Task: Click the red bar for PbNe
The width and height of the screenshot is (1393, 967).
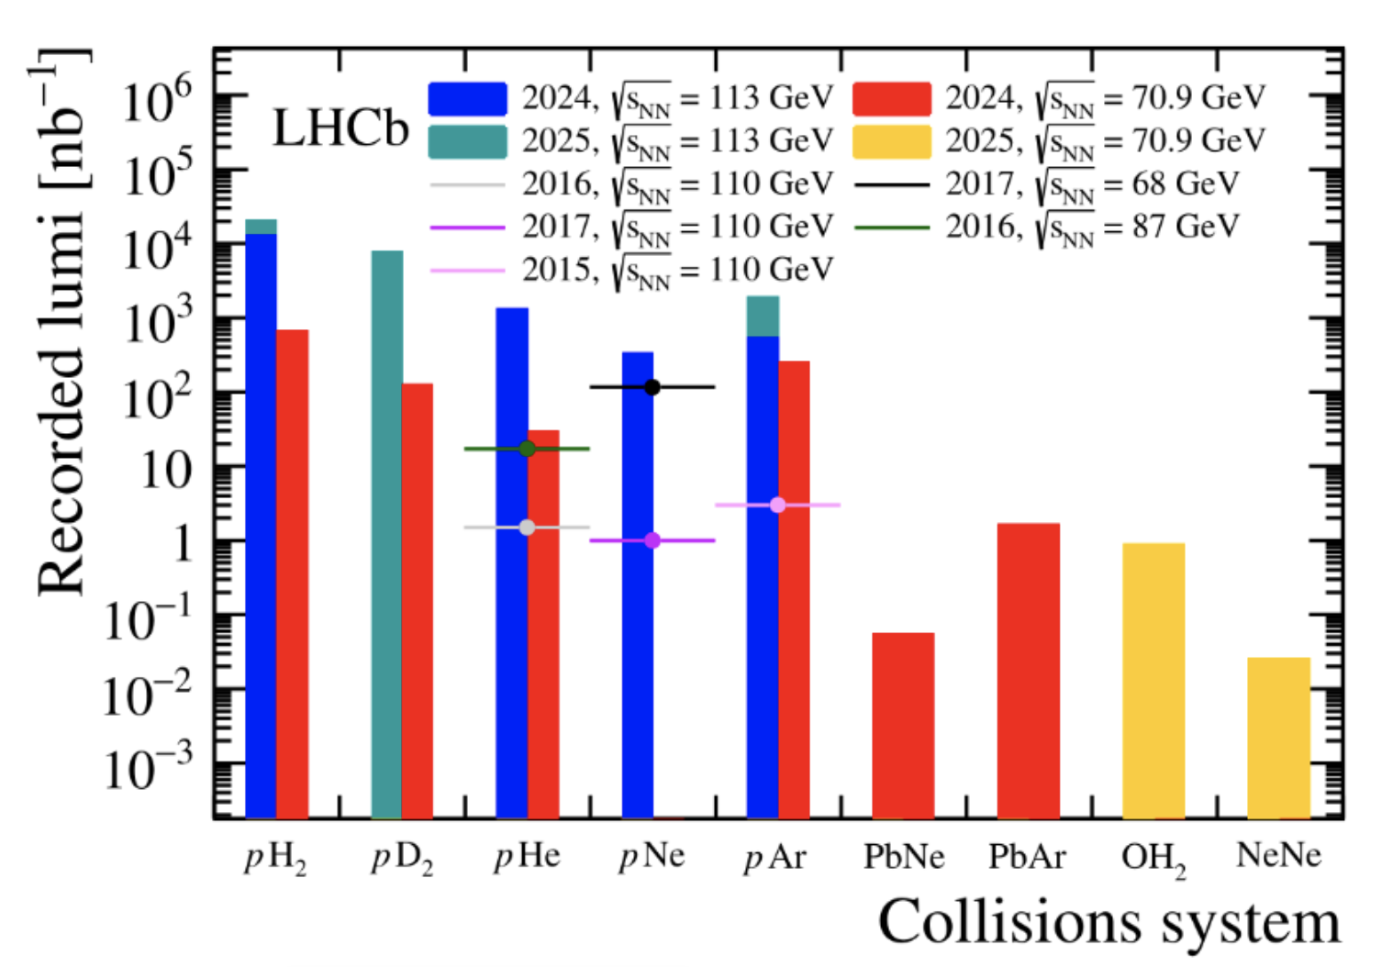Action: click(x=903, y=725)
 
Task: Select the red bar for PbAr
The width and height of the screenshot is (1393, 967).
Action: click(x=1028, y=670)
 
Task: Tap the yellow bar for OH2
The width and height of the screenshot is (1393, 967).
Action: click(x=1153, y=680)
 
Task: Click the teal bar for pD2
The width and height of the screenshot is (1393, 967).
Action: click(x=386, y=532)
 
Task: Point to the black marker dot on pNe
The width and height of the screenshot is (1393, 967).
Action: click(x=652, y=387)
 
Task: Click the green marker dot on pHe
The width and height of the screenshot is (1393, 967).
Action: click(x=527, y=449)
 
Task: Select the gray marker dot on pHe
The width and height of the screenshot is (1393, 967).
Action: click(x=527, y=528)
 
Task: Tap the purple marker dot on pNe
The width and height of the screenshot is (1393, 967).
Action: click(x=652, y=540)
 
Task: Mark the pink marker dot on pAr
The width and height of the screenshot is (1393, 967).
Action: click(x=777, y=505)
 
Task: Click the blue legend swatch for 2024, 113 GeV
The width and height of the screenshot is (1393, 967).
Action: click(x=467, y=99)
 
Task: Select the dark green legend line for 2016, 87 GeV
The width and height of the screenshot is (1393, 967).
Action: click(x=891, y=228)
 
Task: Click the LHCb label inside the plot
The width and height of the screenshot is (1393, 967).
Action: click(x=340, y=128)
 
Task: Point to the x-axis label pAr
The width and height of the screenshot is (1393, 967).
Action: click(x=775, y=857)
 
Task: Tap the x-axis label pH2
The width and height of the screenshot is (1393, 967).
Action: click(x=275, y=859)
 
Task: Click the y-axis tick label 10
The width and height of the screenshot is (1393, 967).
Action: click(x=166, y=471)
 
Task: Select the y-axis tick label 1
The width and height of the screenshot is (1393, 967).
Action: click(x=181, y=543)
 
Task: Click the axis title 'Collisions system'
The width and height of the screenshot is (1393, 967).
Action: click(x=1109, y=922)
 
